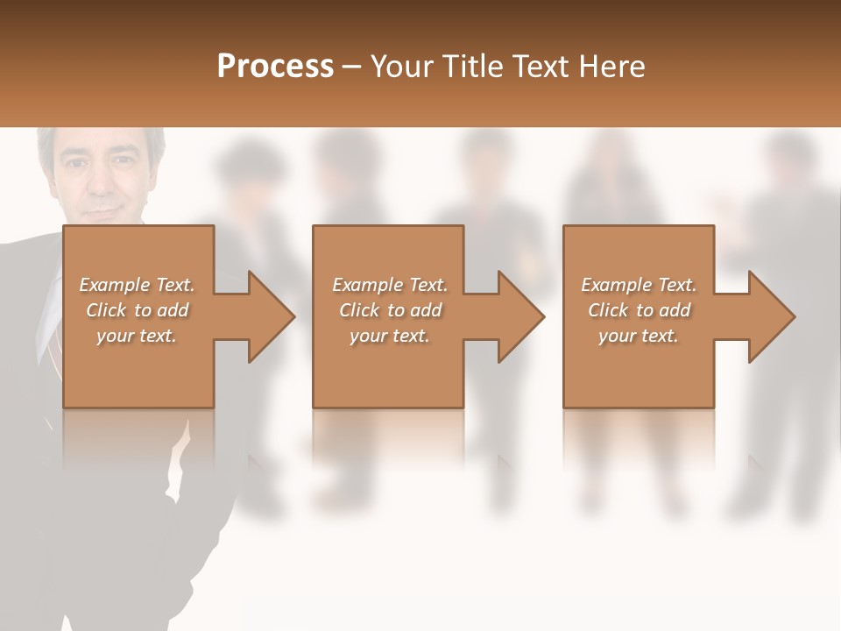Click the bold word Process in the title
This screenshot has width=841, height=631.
click(x=275, y=67)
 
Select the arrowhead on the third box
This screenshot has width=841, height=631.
click(x=770, y=316)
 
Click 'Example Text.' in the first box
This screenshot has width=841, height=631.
click(x=137, y=285)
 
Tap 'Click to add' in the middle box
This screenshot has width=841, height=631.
click(x=390, y=310)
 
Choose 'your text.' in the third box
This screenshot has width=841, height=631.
click(x=639, y=336)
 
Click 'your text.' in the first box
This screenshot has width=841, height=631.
click(x=137, y=336)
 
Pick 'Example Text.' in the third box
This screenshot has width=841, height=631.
click(x=639, y=285)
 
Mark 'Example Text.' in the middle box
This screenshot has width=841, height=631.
click(x=390, y=285)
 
